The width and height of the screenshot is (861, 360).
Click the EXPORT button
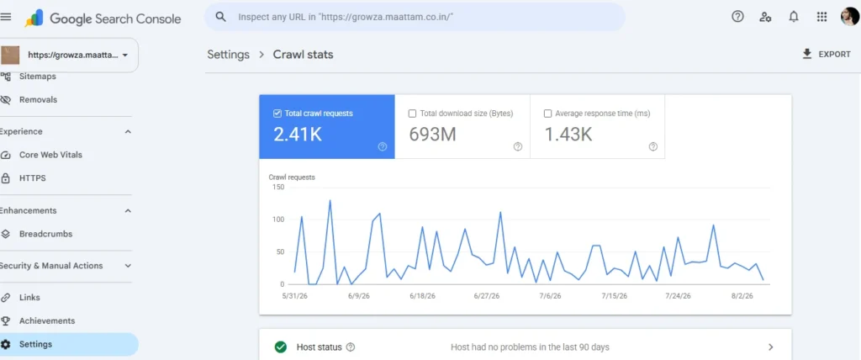[x=826, y=55]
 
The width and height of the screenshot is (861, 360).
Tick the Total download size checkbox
[x=412, y=114]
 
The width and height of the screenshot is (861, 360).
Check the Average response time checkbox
[x=547, y=114]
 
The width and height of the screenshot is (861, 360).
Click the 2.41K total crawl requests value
[x=298, y=135]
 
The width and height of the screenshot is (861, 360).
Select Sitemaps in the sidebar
[x=37, y=77]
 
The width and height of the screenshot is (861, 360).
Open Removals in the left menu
[x=38, y=99]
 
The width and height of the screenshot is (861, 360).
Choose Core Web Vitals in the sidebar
[x=50, y=155]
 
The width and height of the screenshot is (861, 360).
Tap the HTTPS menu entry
[x=33, y=178]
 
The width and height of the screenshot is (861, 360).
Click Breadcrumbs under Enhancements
[x=45, y=234]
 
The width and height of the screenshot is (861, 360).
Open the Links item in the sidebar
[x=29, y=298]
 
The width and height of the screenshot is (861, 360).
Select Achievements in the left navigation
[x=47, y=321]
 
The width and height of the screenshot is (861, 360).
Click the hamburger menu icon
[x=6, y=17]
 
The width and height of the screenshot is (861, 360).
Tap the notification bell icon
[x=794, y=17]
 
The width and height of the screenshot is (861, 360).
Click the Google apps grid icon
[x=822, y=17]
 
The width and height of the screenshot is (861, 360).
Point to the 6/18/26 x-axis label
[x=422, y=296]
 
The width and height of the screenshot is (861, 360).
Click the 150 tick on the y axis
[x=277, y=188]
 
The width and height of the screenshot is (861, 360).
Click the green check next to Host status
[x=281, y=347]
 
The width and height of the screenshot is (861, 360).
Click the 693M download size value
[x=433, y=135]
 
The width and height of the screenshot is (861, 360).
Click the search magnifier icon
[x=221, y=17]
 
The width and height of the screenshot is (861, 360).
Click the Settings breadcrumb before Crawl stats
[x=229, y=55]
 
